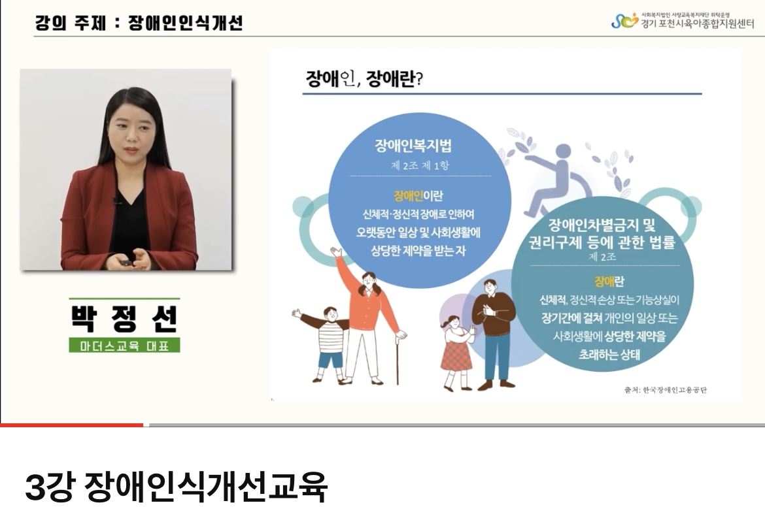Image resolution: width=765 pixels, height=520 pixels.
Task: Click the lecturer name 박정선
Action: coord(124,319)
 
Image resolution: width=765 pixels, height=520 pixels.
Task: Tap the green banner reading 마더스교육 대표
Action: coord(124,345)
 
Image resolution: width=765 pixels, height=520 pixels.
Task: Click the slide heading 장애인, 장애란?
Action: coord(364,78)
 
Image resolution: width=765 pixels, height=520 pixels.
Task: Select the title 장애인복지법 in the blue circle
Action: coord(413,145)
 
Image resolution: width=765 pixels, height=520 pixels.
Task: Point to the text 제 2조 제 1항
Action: coord(420,166)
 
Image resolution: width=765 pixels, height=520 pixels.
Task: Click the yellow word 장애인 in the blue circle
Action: coord(409,196)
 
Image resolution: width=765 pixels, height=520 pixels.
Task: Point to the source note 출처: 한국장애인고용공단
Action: coord(666,390)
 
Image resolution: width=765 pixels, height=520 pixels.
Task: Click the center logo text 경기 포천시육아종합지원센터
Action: coord(697,24)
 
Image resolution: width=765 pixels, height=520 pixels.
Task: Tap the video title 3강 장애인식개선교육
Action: coord(176,487)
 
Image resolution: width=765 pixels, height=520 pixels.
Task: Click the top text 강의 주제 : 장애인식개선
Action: coord(139,23)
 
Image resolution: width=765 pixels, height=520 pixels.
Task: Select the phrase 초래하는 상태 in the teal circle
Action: coord(609,354)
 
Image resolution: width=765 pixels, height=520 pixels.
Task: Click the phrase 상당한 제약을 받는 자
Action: coord(418,251)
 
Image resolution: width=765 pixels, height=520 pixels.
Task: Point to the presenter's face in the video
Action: coord(131,131)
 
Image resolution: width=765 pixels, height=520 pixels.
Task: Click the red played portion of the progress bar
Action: coord(72,425)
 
